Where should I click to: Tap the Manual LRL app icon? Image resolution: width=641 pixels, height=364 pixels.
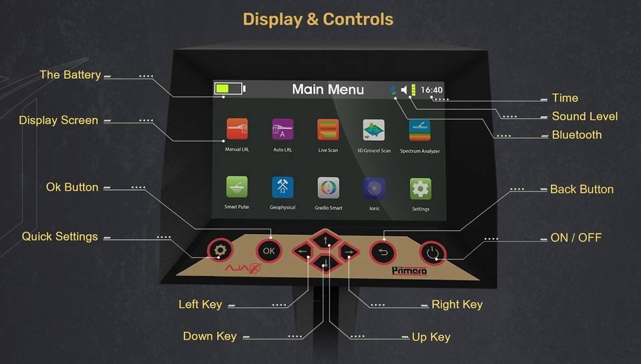point(237,129)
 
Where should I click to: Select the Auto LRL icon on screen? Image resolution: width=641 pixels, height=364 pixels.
point(282,129)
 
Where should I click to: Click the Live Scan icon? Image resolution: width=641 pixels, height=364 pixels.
point(328,129)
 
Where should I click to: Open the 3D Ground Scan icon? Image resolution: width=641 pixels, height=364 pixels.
point(373,130)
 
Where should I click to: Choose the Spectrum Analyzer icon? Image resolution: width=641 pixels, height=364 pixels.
point(419,130)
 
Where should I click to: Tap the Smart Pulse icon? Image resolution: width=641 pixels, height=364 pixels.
point(237,187)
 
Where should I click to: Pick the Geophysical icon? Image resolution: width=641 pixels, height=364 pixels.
point(282,187)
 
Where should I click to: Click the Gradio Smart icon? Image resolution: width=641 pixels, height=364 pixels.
point(328,188)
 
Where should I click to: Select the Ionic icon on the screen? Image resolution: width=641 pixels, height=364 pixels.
point(374,188)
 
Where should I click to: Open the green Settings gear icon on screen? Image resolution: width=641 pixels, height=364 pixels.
point(420,189)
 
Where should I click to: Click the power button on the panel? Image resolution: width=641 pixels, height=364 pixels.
point(433,252)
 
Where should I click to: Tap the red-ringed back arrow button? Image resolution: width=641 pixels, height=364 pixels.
point(383,251)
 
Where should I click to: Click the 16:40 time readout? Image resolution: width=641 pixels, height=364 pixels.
point(431,90)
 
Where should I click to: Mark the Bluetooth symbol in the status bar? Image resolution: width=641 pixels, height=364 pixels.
point(393,90)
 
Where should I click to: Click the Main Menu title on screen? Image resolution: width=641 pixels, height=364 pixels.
point(328,89)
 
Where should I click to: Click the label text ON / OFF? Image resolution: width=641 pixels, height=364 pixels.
point(576,237)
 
